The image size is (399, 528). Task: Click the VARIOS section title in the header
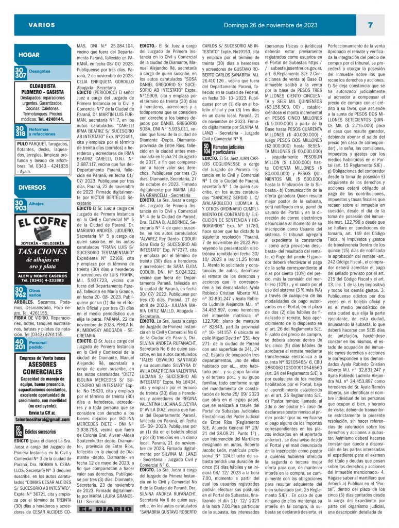point(42,25)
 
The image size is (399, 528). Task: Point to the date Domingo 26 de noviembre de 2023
point(267,25)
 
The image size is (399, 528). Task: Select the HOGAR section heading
point(29,55)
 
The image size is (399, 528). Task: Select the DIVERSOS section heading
point(33,188)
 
